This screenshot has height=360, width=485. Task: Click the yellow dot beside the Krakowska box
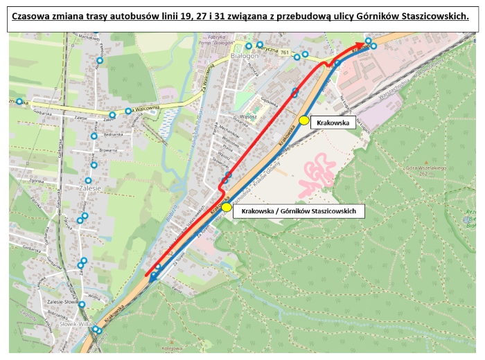pyautogui.click(x=303, y=120)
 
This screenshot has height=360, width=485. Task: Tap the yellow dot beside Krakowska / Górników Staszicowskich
pyautogui.click(x=227, y=207)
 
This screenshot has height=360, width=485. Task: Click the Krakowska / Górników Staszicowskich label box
pyautogui.click(x=299, y=210)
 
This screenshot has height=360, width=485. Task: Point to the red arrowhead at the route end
pyautogui.click(x=361, y=44)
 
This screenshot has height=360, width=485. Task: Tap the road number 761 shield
pyautogui.click(x=285, y=53)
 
